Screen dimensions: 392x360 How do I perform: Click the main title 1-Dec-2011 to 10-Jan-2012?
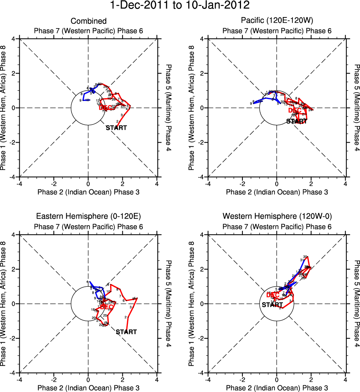tap(180, 6)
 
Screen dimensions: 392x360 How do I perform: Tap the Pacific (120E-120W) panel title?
tap(277, 21)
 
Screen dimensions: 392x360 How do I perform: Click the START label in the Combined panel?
tap(116, 128)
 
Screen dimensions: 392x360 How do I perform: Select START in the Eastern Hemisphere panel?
tap(126, 332)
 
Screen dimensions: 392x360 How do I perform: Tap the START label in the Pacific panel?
tap(297, 121)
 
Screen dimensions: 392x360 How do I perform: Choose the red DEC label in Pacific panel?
tap(295, 110)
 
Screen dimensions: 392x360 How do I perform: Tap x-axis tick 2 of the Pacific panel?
tap(311, 184)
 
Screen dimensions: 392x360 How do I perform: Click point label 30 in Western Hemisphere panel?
tap(305, 257)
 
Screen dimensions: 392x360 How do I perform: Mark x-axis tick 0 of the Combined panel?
tap(88, 184)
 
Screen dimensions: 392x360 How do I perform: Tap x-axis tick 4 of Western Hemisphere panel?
tap(346, 380)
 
